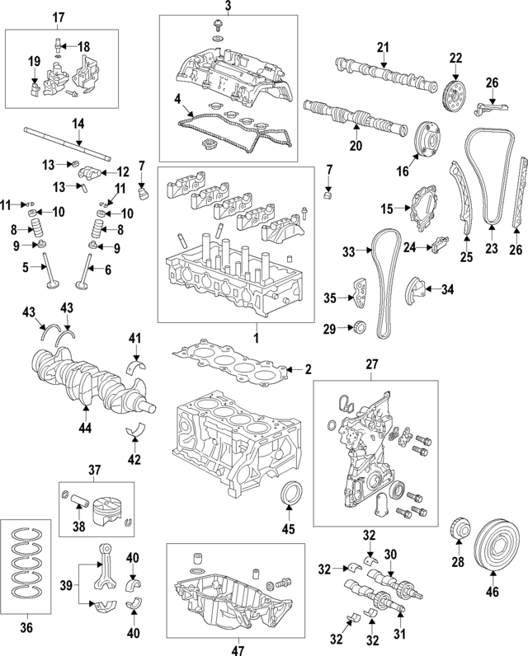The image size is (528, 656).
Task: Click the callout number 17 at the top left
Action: [59, 17]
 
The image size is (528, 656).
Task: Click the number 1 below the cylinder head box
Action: [256, 338]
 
